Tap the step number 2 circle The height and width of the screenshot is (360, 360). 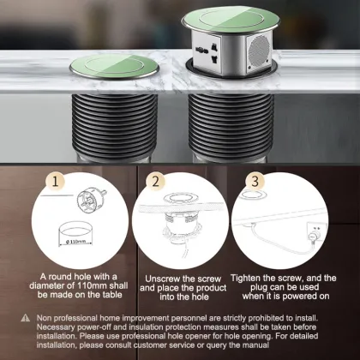click(157, 182)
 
